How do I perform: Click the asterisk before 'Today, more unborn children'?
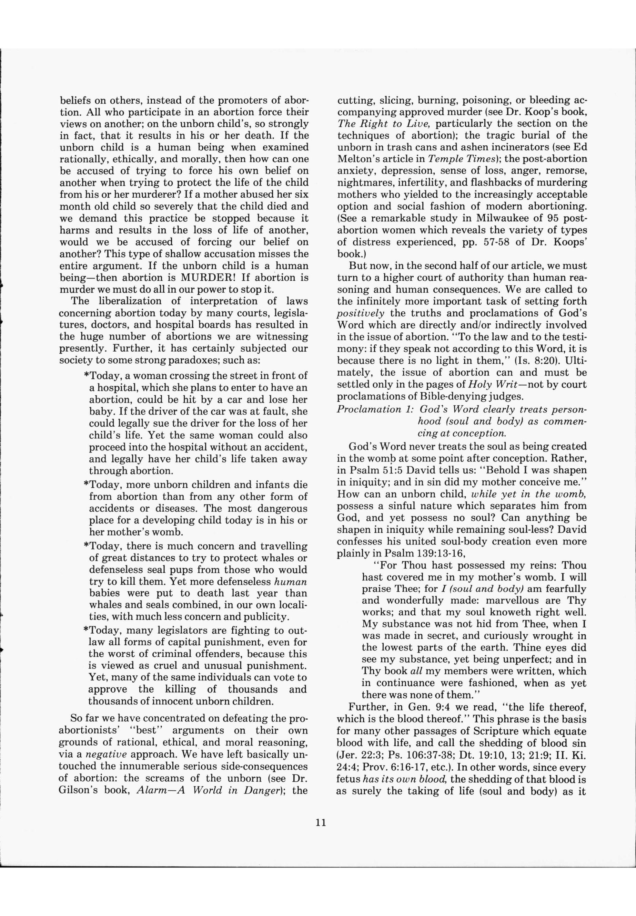point(86,485)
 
